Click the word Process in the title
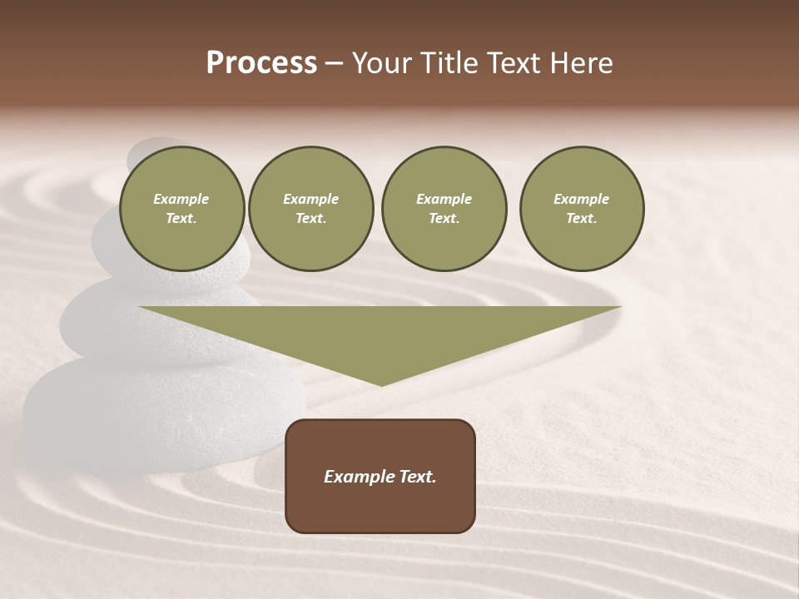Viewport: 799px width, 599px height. [261, 63]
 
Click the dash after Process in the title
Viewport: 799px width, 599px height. [334, 64]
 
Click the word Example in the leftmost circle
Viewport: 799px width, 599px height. [181, 199]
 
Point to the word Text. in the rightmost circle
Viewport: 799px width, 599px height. [582, 219]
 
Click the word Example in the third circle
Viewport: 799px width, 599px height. [444, 199]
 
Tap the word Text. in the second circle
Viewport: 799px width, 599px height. [310, 219]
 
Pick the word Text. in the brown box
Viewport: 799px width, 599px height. [415, 477]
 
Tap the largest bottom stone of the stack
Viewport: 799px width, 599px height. [158, 408]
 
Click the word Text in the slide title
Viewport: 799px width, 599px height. [514, 63]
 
